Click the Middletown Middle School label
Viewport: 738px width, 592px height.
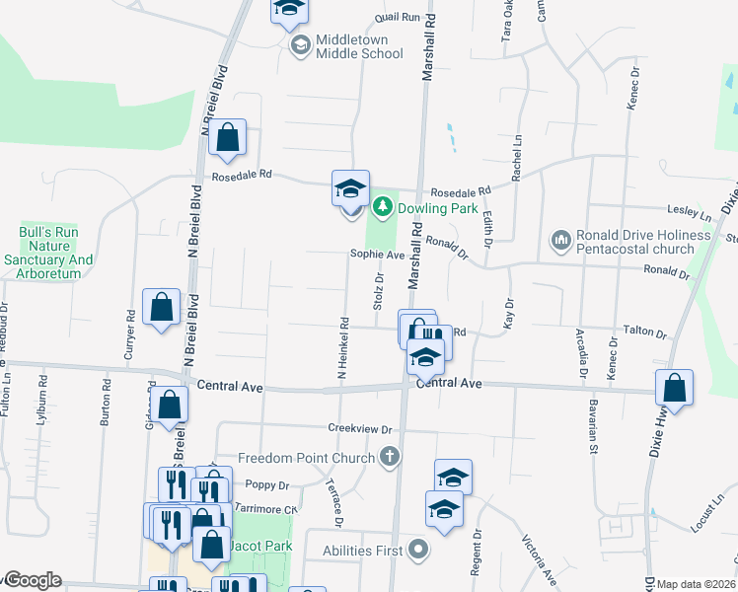(359, 46)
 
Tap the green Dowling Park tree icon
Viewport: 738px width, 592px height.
(383, 207)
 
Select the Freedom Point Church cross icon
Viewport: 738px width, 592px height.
(391, 456)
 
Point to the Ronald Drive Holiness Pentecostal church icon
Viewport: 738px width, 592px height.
(561, 240)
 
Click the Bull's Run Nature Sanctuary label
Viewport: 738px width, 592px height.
(55, 247)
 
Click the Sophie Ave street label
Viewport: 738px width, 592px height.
(378, 255)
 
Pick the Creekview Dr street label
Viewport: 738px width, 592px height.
(360, 429)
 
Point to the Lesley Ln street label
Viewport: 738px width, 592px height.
(690, 211)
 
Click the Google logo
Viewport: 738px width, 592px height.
(33, 581)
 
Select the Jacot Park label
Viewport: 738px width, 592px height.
(260, 546)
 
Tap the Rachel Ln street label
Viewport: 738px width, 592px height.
(516, 158)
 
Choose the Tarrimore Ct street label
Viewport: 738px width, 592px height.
(264, 509)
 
